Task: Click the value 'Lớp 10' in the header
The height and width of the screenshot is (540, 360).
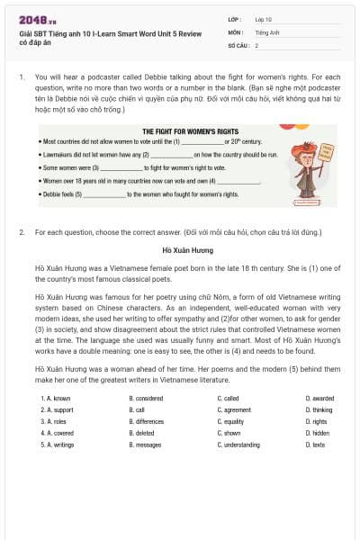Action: (263, 18)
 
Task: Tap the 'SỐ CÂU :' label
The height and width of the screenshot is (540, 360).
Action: (237, 44)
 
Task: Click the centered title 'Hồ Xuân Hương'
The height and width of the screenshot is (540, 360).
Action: (180, 247)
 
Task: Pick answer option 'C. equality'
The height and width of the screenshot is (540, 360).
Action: (231, 421)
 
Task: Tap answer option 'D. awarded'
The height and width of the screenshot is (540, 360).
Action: (319, 398)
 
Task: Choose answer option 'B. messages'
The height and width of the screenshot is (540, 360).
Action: (145, 445)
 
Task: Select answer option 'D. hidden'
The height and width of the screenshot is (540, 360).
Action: (317, 433)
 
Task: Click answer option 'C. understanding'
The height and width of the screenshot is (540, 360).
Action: (239, 445)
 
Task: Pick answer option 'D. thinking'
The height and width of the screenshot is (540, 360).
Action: (319, 409)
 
